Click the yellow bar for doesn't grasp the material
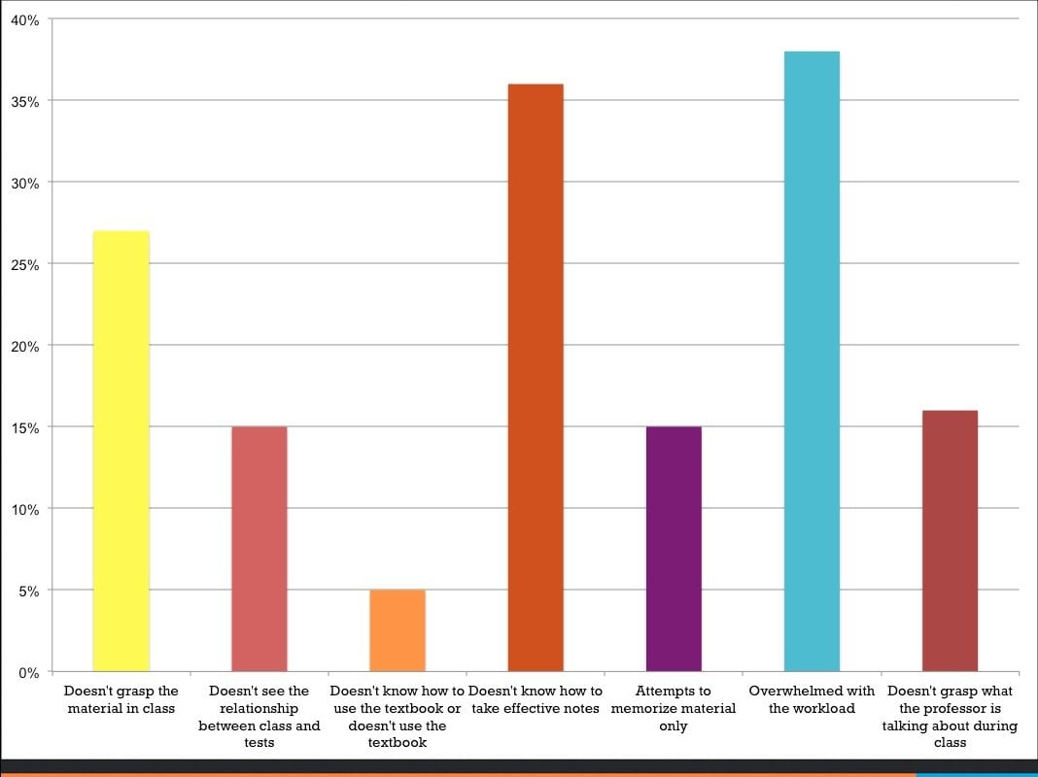coord(121,451)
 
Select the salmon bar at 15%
coord(259,549)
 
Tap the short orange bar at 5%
coord(398,630)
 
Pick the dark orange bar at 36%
coord(536,378)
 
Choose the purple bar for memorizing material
coord(674,549)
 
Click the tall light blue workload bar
coord(812,361)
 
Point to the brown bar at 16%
coord(950,541)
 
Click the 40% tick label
coord(25,19)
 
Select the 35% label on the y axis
coord(25,101)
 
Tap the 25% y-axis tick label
coord(25,264)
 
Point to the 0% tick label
coord(29,672)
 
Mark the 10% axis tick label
coord(25,509)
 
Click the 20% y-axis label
coord(25,346)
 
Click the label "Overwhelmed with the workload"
coord(812,699)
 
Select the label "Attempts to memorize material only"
coord(674,708)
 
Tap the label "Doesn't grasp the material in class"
coord(121,699)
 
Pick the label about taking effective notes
coord(536,699)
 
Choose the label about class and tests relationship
coord(259,717)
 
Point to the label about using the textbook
coord(398,717)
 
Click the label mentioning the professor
coord(950,717)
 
